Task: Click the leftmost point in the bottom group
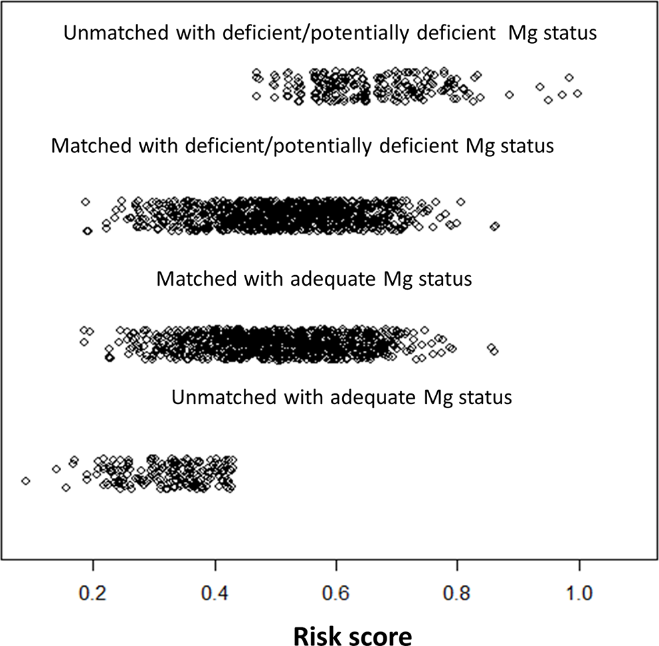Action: coord(25,481)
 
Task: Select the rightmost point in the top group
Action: coord(577,93)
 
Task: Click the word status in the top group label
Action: coord(571,33)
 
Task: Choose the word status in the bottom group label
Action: coord(486,398)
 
